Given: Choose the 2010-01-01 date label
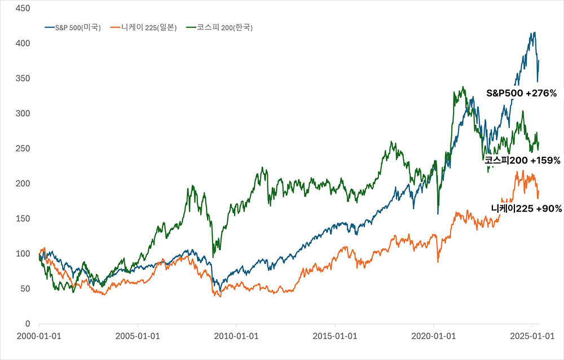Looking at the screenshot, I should pyautogui.click(x=237, y=336).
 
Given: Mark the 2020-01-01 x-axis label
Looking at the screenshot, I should pyautogui.click(x=434, y=336).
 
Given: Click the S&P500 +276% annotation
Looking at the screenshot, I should pyautogui.click(x=521, y=93).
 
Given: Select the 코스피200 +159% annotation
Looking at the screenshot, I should pyautogui.click(x=522, y=160).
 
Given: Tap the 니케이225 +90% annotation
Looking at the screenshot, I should pyautogui.click(x=526, y=209).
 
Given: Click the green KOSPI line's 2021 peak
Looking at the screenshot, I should pyautogui.click(x=463, y=87).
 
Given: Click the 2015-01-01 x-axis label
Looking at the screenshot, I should pyautogui.click(x=336, y=336).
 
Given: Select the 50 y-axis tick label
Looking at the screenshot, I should pyautogui.click(x=24, y=289).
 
